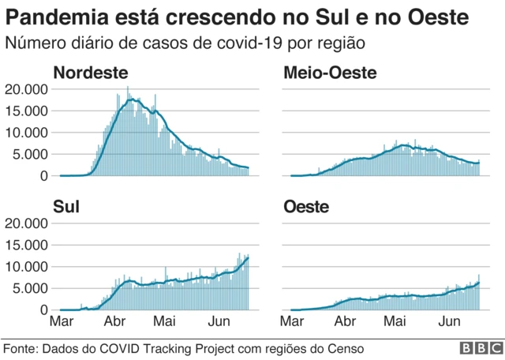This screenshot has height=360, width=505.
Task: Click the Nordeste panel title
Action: click(x=90, y=73)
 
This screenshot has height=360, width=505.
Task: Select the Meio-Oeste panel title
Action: click(x=330, y=73)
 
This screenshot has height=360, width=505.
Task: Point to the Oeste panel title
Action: click(x=307, y=208)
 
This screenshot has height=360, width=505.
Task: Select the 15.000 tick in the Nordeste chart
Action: click(x=26, y=111)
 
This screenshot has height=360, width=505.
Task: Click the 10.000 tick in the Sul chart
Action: click(x=26, y=266)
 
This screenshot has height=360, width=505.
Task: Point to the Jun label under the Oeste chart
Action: click(x=449, y=322)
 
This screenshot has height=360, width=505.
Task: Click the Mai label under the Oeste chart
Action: click(x=397, y=322)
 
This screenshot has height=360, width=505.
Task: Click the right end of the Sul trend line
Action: click(x=249, y=257)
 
